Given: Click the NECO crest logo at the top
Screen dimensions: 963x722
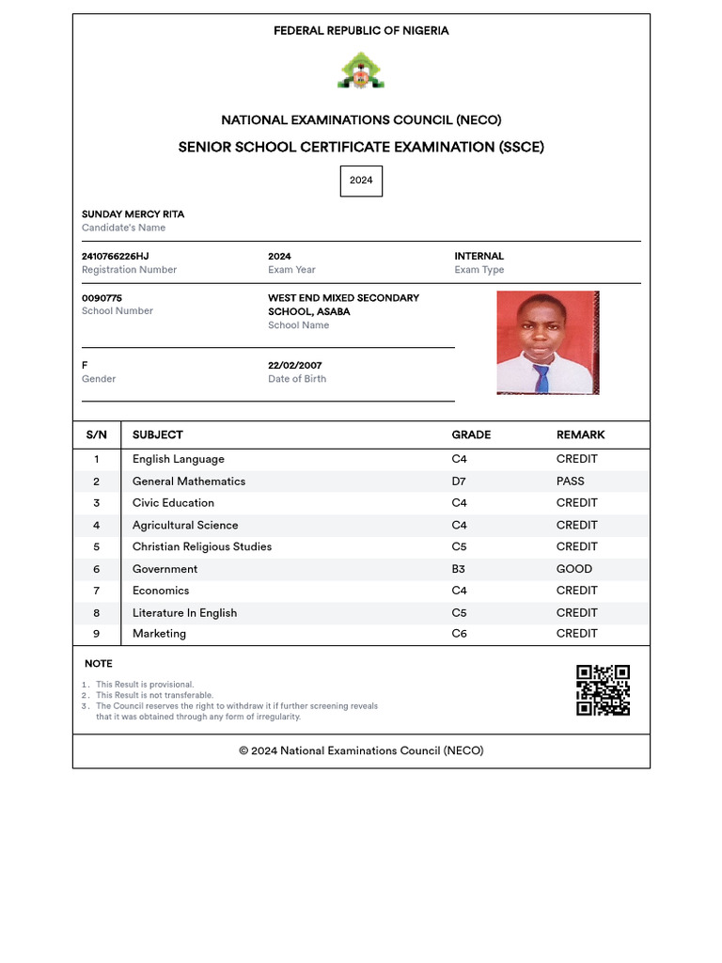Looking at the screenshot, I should [x=361, y=71].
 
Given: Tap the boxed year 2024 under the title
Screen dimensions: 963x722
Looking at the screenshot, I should [x=361, y=181].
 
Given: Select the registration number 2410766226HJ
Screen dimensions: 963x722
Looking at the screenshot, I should [x=115, y=257].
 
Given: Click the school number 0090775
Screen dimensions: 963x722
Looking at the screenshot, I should [x=102, y=298].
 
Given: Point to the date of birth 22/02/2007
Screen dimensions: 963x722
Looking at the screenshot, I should [x=294, y=366].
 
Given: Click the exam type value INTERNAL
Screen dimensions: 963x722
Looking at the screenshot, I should [x=479, y=257].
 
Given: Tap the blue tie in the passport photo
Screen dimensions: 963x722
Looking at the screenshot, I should [x=541, y=378].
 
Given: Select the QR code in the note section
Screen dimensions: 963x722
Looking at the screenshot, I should [x=603, y=690].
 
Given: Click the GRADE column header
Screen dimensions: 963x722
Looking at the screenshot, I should [x=471, y=434].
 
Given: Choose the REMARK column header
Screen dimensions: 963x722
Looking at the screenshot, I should [x=580, y=434].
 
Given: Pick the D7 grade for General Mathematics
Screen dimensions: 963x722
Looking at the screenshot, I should [x=459, y=481].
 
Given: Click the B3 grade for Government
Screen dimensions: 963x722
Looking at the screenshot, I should [x=459, y=569].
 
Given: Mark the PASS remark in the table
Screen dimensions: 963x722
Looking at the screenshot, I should [x=570, y=481].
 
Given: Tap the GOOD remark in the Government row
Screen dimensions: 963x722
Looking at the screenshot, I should [x=573, y=569].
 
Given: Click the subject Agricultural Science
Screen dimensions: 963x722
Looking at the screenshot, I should [x=185, y=526].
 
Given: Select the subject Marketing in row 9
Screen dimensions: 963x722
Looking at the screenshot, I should [x=159, y=634].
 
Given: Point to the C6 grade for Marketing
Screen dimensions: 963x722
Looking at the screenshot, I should [x=459, y=634].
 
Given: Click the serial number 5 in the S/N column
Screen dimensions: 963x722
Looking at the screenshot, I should [x=96, y=547].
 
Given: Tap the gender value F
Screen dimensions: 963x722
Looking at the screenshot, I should [x=85, y=366].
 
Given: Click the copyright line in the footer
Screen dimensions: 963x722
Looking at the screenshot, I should [x=361, y=750].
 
